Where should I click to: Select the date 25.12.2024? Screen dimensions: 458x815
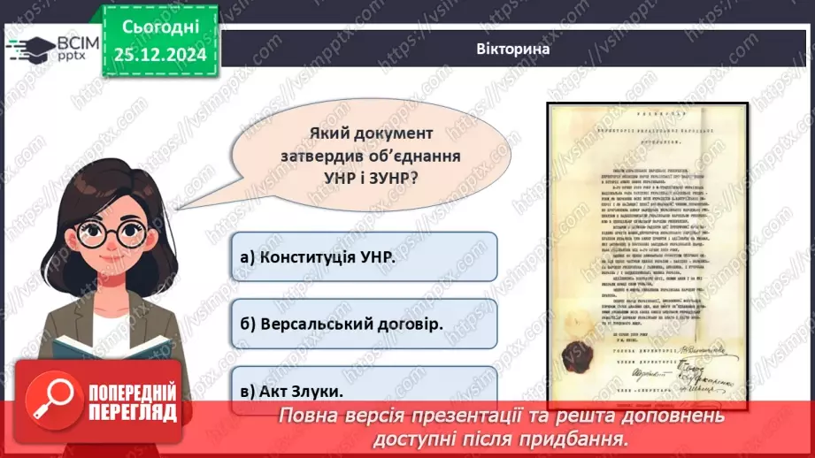(160, 56)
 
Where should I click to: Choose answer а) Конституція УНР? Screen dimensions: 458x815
(363, 256)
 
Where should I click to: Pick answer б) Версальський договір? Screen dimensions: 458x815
(363, 323)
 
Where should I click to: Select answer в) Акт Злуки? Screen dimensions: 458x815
(363, 389)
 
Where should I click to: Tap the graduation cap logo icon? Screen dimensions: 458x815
(29, 47)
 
